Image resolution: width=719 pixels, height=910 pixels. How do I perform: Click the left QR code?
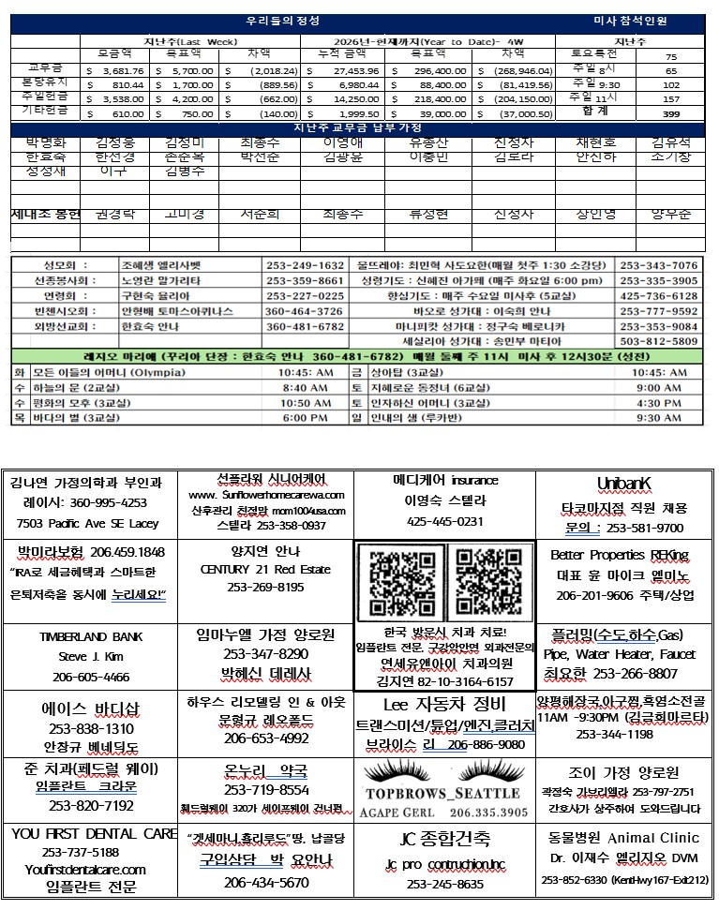click(x=400, y=581)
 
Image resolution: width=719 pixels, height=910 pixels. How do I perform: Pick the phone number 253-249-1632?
click(x=305, y=266)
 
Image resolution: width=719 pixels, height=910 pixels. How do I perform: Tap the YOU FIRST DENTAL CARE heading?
click(x=94, y=834)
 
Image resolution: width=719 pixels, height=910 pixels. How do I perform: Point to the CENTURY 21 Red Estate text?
click(x=265, y=569)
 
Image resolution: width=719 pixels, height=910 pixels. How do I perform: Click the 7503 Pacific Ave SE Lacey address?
click(x=88, y=523)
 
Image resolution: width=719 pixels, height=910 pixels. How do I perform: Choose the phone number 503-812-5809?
click(x=658, y=341)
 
